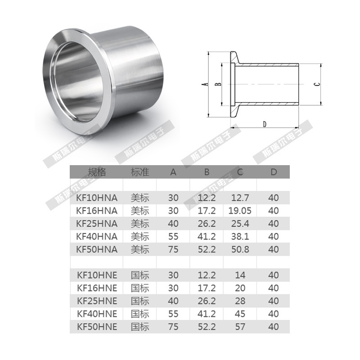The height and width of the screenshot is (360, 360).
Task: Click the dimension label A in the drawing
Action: pyautogui.click(x=206, y=84)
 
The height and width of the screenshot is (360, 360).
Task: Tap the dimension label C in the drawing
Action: pyautogui.click(x=317, y=84)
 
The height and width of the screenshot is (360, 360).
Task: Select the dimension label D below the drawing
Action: pyautogui.click(x=265, y=124)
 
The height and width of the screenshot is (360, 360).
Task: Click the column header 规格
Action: pyautogui.click(x=97, y=172)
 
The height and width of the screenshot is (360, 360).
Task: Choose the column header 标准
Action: pyautogui.click(x=140, y=172)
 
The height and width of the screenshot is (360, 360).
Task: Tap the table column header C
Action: pyautogui.click(x=240, y=172)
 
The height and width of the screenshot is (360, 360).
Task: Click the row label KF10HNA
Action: pyautogui.click(x=97, y=198)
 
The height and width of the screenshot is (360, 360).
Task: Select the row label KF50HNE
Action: pyautogui.click(x=97, y=327)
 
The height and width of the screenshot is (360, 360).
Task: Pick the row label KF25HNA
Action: pyautogui.click(x=97, y=223)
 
